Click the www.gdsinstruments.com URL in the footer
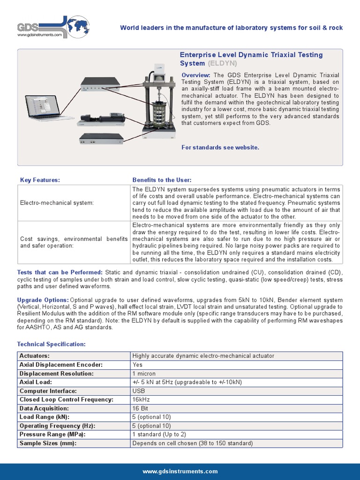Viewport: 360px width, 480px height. (x=180, y=471)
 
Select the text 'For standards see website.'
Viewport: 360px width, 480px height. (x=220, y=147)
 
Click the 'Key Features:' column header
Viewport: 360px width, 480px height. (x=40, y=180)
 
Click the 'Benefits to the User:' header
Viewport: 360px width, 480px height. (x=162, y=180)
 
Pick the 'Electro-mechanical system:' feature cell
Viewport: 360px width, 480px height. (x=57, y=203)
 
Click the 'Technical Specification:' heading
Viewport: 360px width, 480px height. (x=52, y=344)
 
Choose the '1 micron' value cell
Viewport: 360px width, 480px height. (x=144, y=374)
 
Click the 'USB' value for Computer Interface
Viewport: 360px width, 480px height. (x=138, y=391)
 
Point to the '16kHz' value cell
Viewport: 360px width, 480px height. (x=141, y=399)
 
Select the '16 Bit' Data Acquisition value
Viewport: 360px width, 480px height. (x=141, y=408)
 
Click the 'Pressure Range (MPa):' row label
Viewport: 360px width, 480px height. (x=52, y=435)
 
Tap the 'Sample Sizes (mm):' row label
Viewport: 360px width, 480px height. (x=48, y=443)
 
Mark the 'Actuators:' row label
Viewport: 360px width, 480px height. (x=35, y=356)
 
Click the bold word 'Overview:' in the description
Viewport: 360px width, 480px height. (x=195, y=75)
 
